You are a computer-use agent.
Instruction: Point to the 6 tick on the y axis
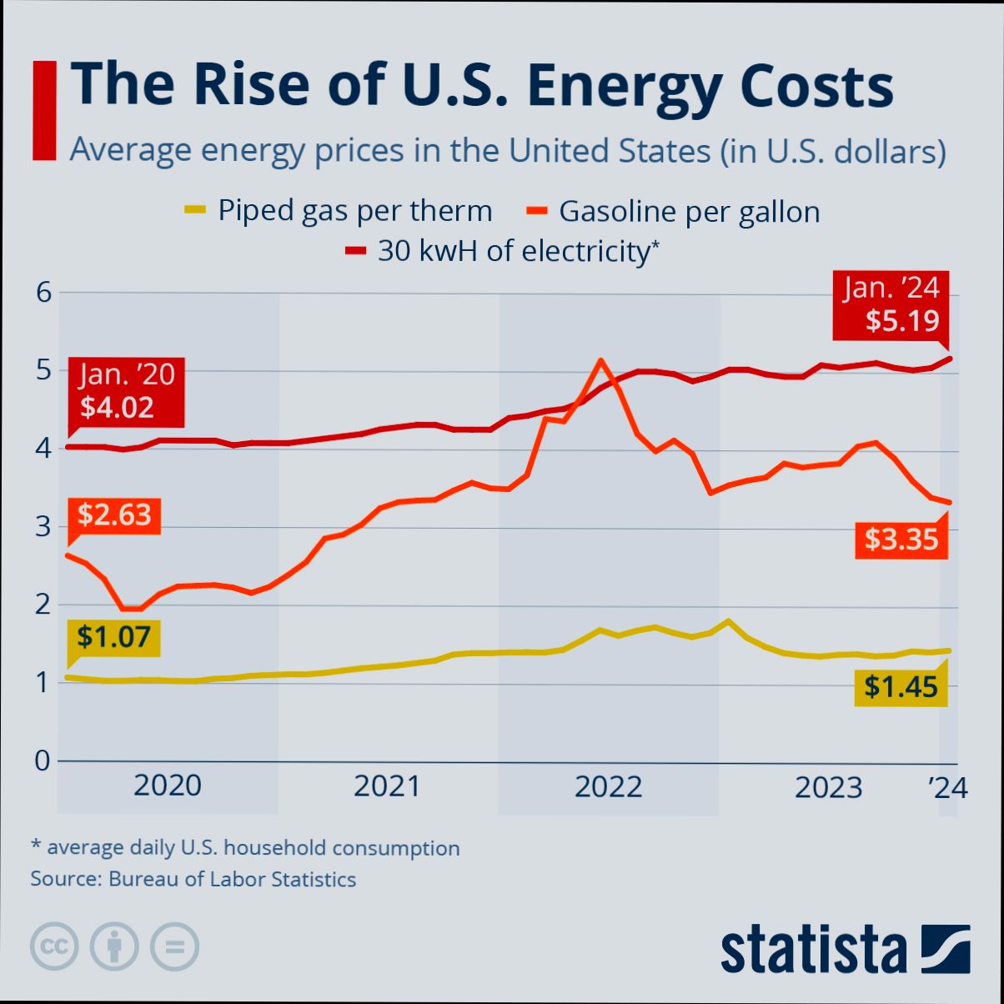(43, 293)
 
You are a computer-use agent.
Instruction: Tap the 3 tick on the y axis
(43, 527)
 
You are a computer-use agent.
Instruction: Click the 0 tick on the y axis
(43, 761)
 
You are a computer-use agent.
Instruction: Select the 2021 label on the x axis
(387, 786)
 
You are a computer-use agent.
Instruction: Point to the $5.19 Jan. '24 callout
(891, 305)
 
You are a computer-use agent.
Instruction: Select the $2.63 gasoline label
(114, 515)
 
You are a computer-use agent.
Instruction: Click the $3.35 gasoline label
(901, 540)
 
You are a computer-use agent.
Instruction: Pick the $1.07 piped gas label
(113, 638)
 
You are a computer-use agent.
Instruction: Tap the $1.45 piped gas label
(901, 687)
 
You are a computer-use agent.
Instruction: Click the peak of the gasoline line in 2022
(600, 360)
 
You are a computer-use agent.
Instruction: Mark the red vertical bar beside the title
(43, 109)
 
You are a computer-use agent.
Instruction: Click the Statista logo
(845, 949)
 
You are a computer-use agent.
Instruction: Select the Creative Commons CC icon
(54, 946)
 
